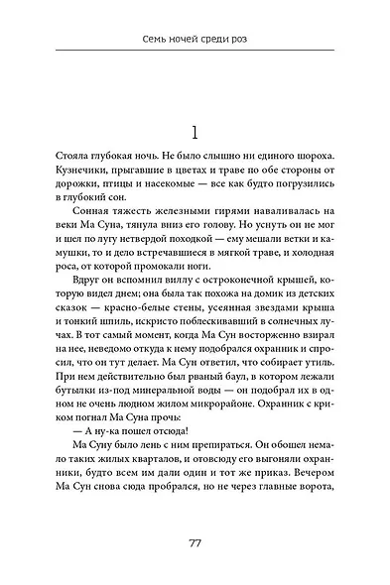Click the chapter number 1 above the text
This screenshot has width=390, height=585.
[195, 135]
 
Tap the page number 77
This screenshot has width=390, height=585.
[195, 542]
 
